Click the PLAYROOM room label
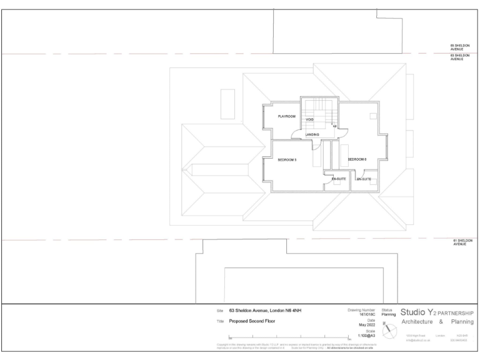(x=286, y=117)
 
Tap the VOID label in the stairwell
(x=309, y=119)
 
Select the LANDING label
(x=312, y=134)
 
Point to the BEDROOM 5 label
(x=287, y=160)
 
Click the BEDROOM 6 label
(x=357, y=159)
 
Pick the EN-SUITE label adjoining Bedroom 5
(x=339, y=179)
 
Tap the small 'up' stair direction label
(x=335, y=127)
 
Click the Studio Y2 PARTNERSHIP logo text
(x=436, y=312)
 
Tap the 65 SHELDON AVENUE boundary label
(x=461, y=47)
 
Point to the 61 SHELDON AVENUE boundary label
(x=462, y=242)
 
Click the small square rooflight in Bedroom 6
(x=372, y=116)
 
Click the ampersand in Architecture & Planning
(x=441, y=322)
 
